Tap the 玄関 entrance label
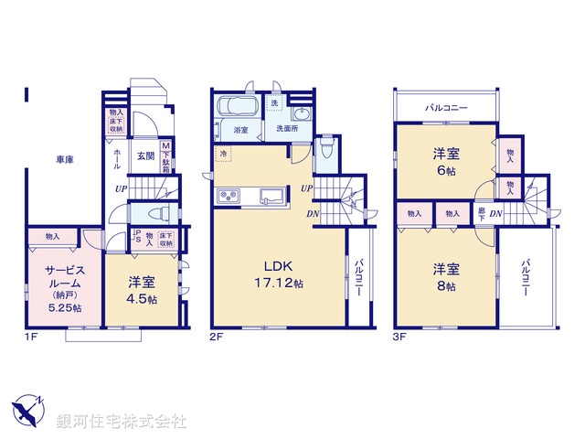[x=146, y=155]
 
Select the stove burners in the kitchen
[x=228, y=196]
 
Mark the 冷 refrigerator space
[x=224, y=154]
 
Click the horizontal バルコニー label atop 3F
[x=446, y=108]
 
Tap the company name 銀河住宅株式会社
[x=122, y=421]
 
